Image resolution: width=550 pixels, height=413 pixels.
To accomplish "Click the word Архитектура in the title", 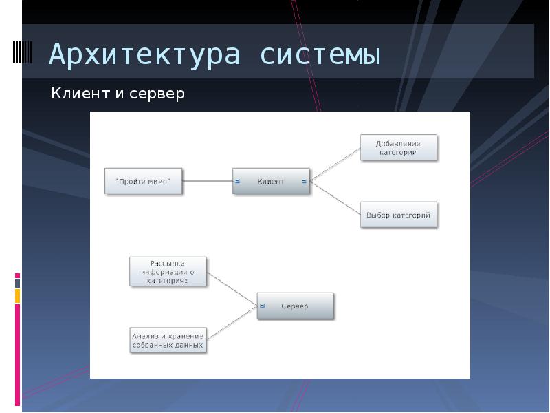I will pyautogui.click(x=144, y=55).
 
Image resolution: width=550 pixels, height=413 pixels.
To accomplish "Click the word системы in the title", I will pyautogui.click(x=320, y=55).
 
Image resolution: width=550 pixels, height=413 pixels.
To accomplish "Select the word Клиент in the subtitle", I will pyautogui.click(x=79, y=94).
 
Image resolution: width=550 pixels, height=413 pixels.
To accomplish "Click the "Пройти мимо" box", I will pyautogui.click(x=144, y=181).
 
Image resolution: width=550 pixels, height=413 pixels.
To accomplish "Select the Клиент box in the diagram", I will pyautogui.click(x=270, y=181).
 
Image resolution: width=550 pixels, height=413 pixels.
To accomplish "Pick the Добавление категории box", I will pyautogui.click(x=399, y=148).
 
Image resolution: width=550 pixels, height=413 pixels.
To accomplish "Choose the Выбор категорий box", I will pyautogui.click(x=399, y=215).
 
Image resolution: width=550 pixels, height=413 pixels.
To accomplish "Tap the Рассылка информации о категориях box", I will pyautogui.click(x=168, y=272).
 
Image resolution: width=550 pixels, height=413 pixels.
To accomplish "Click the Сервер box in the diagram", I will pyautogui.click(x=296, y=306).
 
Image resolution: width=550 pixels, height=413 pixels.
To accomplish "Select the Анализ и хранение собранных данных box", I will pyautogui.click(x=168, y=340).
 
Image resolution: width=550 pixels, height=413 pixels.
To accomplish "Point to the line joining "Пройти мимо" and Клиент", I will pyautogui.click(x=208, y=181).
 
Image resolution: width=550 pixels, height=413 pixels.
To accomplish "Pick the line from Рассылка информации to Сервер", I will pyautogui.click(x=232, y=288).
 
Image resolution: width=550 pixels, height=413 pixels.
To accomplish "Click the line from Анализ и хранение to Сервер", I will pyautogui.click(x=232, y=323).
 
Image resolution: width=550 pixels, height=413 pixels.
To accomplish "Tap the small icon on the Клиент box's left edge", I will pyautogui.click(x=237, y=182).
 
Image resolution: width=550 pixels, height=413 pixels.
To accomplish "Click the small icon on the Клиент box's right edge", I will pyautogui.click(x=304, y=182).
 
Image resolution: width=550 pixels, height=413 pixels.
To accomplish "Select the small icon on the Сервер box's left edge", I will pyautogui.click(x=261, y=306).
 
